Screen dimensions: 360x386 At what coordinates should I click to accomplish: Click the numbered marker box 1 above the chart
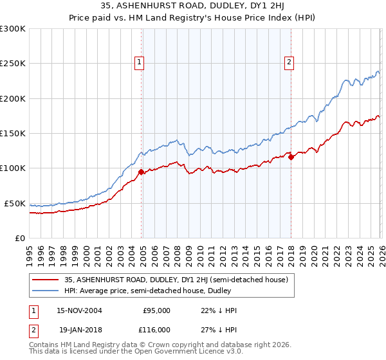point(139,62)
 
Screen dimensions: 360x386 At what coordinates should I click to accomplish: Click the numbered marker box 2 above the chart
point(289,62)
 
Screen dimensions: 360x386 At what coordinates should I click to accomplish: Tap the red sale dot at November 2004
point(142,172)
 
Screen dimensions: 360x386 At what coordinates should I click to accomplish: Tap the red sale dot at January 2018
point(291,157)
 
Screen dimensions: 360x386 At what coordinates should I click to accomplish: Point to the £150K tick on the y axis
point(13,134)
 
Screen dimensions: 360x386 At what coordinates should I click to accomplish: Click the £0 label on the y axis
point(21,238)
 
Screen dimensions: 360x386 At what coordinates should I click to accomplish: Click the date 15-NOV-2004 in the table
point(78,310)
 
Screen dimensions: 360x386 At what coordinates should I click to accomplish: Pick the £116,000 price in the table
point(156,328)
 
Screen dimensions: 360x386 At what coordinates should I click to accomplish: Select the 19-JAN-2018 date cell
point(78,328)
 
